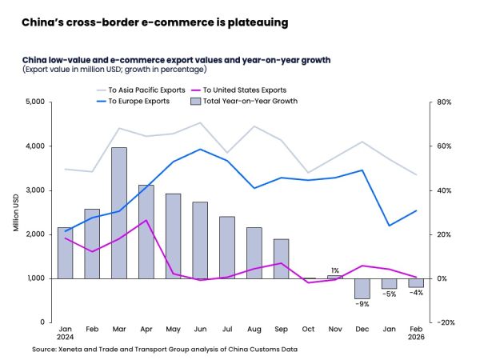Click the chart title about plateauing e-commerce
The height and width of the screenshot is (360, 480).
(x=154, y=22)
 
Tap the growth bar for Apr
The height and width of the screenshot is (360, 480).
(x=147, y=231)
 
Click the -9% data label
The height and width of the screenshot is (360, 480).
(x=362, y=304)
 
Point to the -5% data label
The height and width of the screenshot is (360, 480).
(x=390, y=294)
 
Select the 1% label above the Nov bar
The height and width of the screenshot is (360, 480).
(x=335, y=270)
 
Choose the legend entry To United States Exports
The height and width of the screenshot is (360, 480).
(x=244, y=90)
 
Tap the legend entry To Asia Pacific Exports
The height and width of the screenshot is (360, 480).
(x=139, y=90)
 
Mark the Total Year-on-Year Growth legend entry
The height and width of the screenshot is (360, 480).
(x=244, y=102)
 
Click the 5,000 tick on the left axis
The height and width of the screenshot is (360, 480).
(x=37, y=102)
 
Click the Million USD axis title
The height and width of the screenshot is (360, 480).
(x=16, y=212)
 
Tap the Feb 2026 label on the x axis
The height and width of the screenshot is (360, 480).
(x=416, y=334)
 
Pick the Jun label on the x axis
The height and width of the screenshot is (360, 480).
(x=202, y=329)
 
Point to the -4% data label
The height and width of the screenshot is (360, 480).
(x=417, y=293)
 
